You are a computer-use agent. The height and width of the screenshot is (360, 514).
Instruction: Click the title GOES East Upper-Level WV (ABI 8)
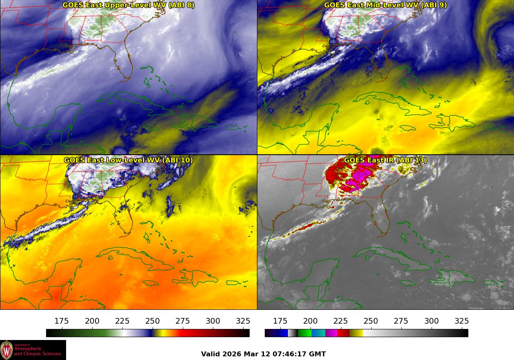[x=128, y=5]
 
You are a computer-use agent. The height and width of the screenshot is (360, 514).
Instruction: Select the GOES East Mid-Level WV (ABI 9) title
[x=385, y=5]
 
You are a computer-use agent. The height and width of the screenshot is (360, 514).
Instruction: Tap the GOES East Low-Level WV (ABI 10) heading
[x=128, y=160]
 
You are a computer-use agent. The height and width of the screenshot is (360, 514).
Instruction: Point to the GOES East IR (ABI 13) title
[x=385, y=160]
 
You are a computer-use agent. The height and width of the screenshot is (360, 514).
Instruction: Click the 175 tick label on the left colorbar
[x=62, y=321]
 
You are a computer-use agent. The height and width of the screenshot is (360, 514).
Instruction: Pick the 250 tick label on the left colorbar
[x=153, y=321]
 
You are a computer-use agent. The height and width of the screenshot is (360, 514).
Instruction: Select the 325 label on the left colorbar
[x=243, y=321]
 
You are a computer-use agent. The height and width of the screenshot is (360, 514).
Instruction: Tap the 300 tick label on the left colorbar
[x=213, y=321]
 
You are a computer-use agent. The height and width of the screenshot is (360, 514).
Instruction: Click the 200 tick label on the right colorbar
[x=310, y=321]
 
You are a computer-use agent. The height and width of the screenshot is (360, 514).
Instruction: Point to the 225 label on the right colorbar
[x=341, y=321]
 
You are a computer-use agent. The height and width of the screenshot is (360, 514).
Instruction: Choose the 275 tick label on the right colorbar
[x=401, y=321]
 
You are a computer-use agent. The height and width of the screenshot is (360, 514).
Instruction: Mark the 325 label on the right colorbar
[x=461, y=321]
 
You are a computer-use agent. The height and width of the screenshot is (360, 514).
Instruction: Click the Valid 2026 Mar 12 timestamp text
[x=263, y=354]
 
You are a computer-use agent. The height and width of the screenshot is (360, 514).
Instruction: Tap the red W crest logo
[x=7, y=350]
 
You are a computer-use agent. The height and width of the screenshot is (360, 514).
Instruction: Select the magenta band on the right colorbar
[x=331, y=333]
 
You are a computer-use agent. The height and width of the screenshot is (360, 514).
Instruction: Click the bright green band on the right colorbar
[x=304, y=333]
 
